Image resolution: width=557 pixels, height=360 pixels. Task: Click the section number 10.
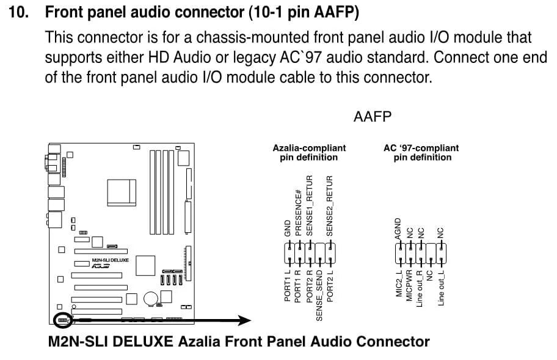(19, 12)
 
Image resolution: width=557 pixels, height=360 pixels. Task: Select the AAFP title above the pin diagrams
(373, 117)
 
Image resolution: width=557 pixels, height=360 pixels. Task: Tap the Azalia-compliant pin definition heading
(309, 152)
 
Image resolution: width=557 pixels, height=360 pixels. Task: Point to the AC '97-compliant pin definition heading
(421, 152)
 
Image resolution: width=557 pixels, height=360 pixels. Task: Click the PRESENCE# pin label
(299, 213)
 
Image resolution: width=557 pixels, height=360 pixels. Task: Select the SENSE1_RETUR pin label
(310, 205)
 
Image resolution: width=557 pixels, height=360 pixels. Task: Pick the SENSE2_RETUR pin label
(330, 205)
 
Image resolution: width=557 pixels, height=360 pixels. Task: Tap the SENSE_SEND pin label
(319, 295)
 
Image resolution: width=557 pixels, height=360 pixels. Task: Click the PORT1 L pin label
(288, 285)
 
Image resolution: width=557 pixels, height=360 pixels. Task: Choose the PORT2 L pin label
(330, 285)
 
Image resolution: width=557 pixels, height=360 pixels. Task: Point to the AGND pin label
(398, 228)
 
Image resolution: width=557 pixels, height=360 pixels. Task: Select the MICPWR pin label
(409, 285)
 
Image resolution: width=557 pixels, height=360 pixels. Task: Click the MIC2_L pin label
(399, 283)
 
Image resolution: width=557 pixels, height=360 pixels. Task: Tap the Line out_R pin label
(420, 288)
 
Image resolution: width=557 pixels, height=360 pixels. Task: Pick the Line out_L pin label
(441, 288)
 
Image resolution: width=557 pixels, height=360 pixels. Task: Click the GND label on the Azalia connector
(288, 228)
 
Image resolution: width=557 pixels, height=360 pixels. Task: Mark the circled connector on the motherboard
(62, 320)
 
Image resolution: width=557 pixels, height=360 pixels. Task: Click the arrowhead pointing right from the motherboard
(244, 320)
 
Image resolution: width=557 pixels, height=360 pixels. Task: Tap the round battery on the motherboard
(150, 298)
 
